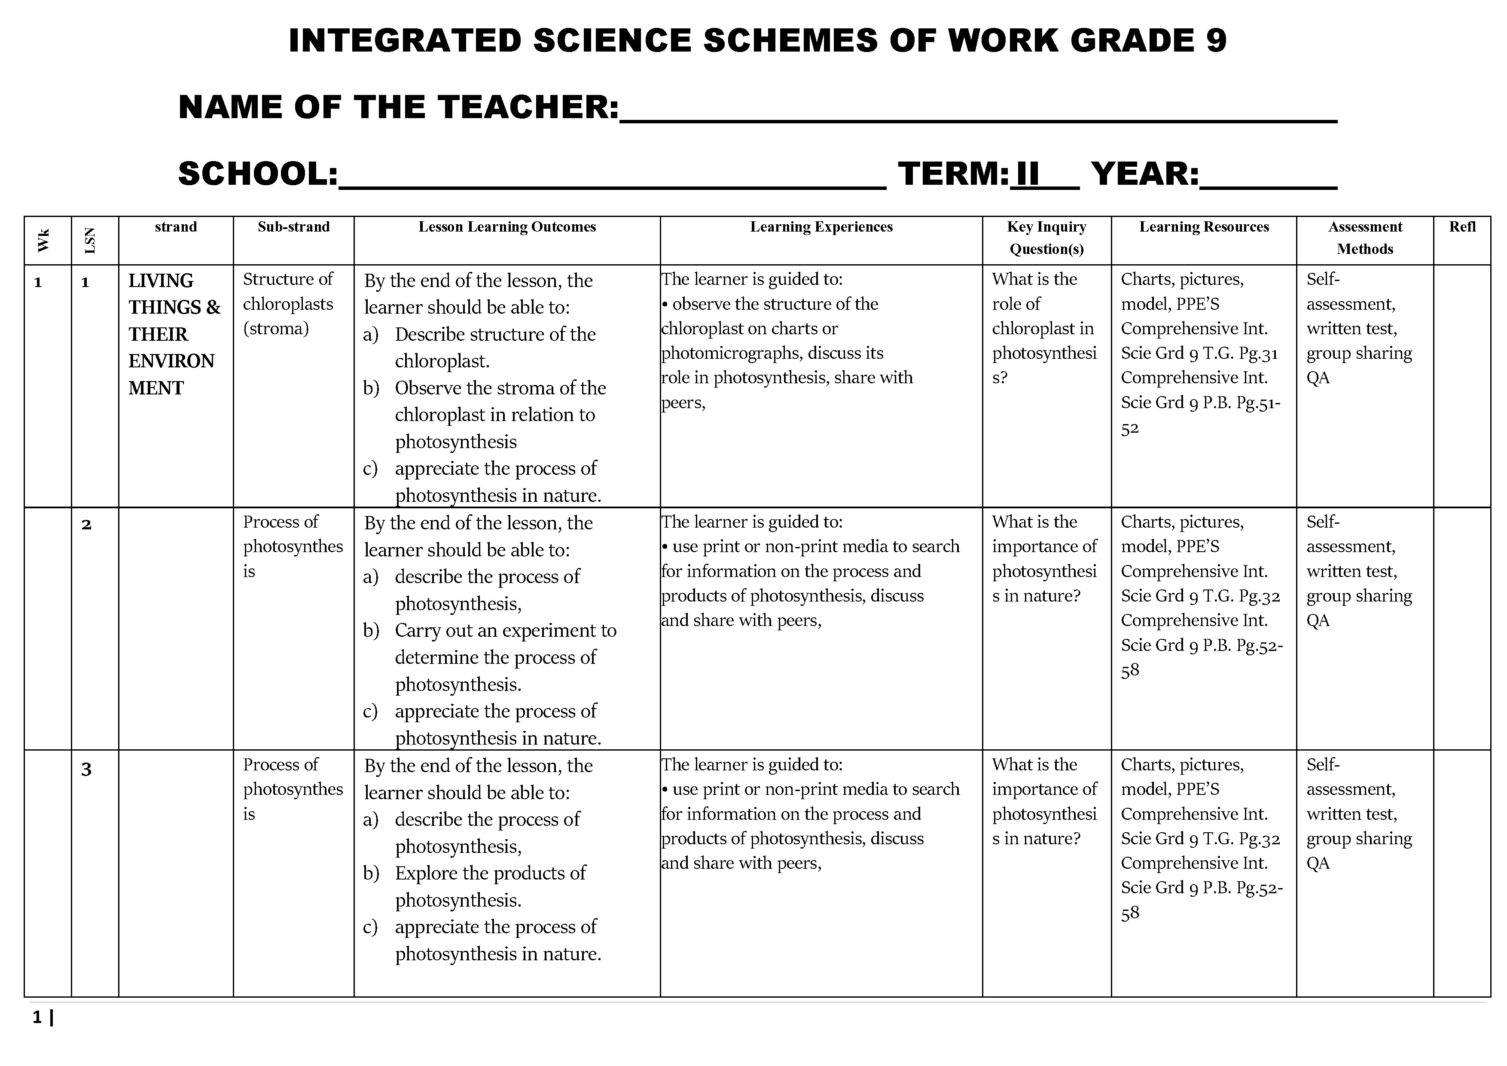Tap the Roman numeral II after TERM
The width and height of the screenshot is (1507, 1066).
pos(1027,174)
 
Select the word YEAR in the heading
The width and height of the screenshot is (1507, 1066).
pos(1145,174)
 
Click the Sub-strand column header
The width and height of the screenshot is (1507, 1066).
pos(293,227)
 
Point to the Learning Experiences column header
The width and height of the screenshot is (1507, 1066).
pos(821,227)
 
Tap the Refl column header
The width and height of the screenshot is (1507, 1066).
pos(1462,227)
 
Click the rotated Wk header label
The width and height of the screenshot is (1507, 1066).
pos(43,240)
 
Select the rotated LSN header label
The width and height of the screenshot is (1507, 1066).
pos(91,240)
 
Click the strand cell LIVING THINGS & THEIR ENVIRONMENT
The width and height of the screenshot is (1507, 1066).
pos(174,334)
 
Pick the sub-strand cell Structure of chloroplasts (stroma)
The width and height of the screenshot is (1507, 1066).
pos(288,304)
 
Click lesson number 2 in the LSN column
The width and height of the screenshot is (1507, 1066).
pos(86,525)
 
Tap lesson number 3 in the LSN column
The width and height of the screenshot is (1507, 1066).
pos(86,769)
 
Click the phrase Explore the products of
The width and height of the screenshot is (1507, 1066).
pos(490,873)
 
